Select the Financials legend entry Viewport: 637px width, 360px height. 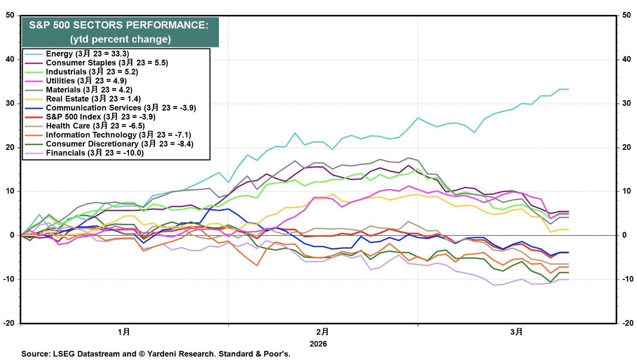click(94, 153)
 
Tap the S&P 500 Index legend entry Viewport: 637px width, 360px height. click(100, 117)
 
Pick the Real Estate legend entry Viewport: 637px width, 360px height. click(93, 99)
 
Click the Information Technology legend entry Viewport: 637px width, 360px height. click(118, 135)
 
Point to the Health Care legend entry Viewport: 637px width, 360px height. click(95, 126)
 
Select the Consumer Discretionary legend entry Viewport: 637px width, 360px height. click(120, 144)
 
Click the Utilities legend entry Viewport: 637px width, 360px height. click(86, 81)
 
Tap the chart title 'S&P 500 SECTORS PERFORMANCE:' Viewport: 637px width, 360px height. click(119, 25)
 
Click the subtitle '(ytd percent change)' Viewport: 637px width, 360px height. click(120, 39)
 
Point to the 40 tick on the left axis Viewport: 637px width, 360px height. click(10, 60)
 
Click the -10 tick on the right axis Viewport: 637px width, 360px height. click(627, 279)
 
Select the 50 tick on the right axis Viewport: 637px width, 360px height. click(626, 15)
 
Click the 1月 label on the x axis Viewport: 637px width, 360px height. click(124, 332)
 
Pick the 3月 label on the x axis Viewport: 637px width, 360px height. click(517, 332)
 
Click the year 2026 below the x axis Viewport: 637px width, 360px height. click(318, 344)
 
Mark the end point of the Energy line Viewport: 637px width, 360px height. click(568, 89)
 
